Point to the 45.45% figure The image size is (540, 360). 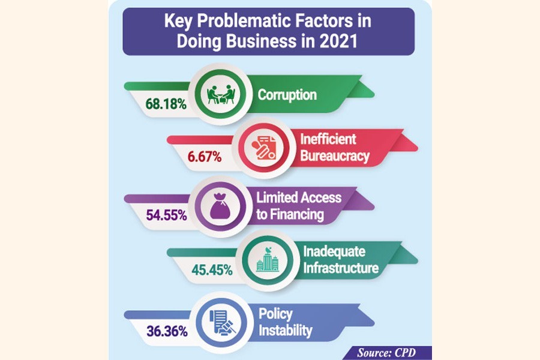tap(211, 270)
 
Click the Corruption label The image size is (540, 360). tap(287, 95)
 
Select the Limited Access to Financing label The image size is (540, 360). tap(298, 205)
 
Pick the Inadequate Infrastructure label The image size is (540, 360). tap(341, 260)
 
